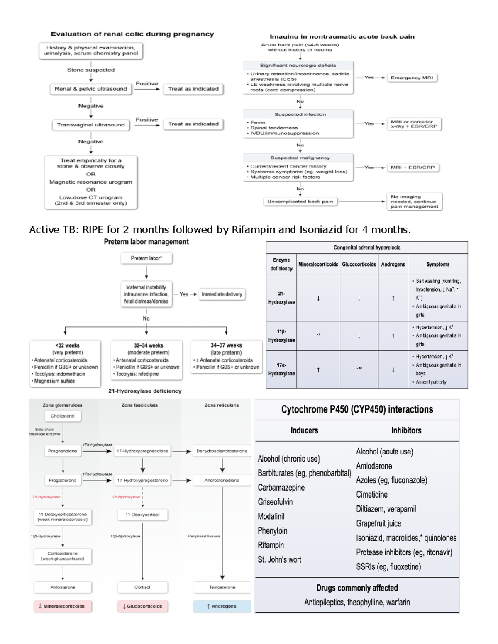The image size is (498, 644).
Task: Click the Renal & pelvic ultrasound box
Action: [x=91, y=89]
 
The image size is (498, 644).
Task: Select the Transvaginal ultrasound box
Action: [x=91, y=125]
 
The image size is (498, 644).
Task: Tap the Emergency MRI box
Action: [x=412, y=78]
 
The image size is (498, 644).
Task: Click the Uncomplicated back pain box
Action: [x=300, y=202]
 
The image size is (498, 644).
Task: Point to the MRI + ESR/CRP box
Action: [x=413, y=168]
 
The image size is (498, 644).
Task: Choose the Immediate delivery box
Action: [x=222, y=294]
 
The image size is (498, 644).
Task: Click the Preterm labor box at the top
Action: [x=146, y=258]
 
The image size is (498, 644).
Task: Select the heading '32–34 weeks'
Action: [x=148, y=345]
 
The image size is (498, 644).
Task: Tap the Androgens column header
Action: [x=393, y=265]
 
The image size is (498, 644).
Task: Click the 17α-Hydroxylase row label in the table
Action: [x=281, y=369]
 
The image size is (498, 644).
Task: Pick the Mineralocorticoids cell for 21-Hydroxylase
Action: [x=318, y=298]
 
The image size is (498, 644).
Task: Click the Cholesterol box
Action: [x=63, y=416]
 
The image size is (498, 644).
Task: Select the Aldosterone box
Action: [x=63, y=587]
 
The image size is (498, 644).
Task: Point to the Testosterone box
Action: [x=222, y=587]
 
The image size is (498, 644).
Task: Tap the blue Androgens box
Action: [x=222, y=606]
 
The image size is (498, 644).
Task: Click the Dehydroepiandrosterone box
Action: [x=222, y=451]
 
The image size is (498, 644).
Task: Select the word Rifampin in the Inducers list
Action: [x=271, y=545]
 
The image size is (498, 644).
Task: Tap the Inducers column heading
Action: [x=304, y=430]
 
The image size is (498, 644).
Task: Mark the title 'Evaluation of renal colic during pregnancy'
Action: [x=132, y=34]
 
